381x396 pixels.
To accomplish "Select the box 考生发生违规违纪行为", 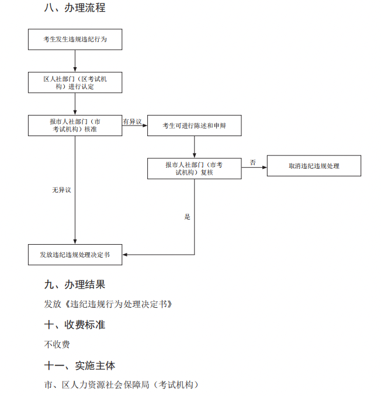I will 75,39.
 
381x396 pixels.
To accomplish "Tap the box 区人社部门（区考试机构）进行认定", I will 75,82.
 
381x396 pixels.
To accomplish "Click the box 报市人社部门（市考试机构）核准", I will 75,125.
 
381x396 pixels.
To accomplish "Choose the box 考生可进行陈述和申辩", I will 194,125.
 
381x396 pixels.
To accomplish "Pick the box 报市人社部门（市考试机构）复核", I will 194,168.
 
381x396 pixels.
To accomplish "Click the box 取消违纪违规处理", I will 314,166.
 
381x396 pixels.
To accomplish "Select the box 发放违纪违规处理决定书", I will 75,255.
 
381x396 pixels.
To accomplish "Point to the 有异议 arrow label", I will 132,121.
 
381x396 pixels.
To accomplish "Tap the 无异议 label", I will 61,190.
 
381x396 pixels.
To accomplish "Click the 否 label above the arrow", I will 253,162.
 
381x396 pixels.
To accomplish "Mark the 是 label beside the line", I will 187,217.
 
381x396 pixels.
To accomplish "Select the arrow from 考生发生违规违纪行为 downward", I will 75,61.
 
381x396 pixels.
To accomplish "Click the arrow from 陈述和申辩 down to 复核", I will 194,147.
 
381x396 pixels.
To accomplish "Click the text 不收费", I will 57,344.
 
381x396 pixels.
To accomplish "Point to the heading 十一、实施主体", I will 79,366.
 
